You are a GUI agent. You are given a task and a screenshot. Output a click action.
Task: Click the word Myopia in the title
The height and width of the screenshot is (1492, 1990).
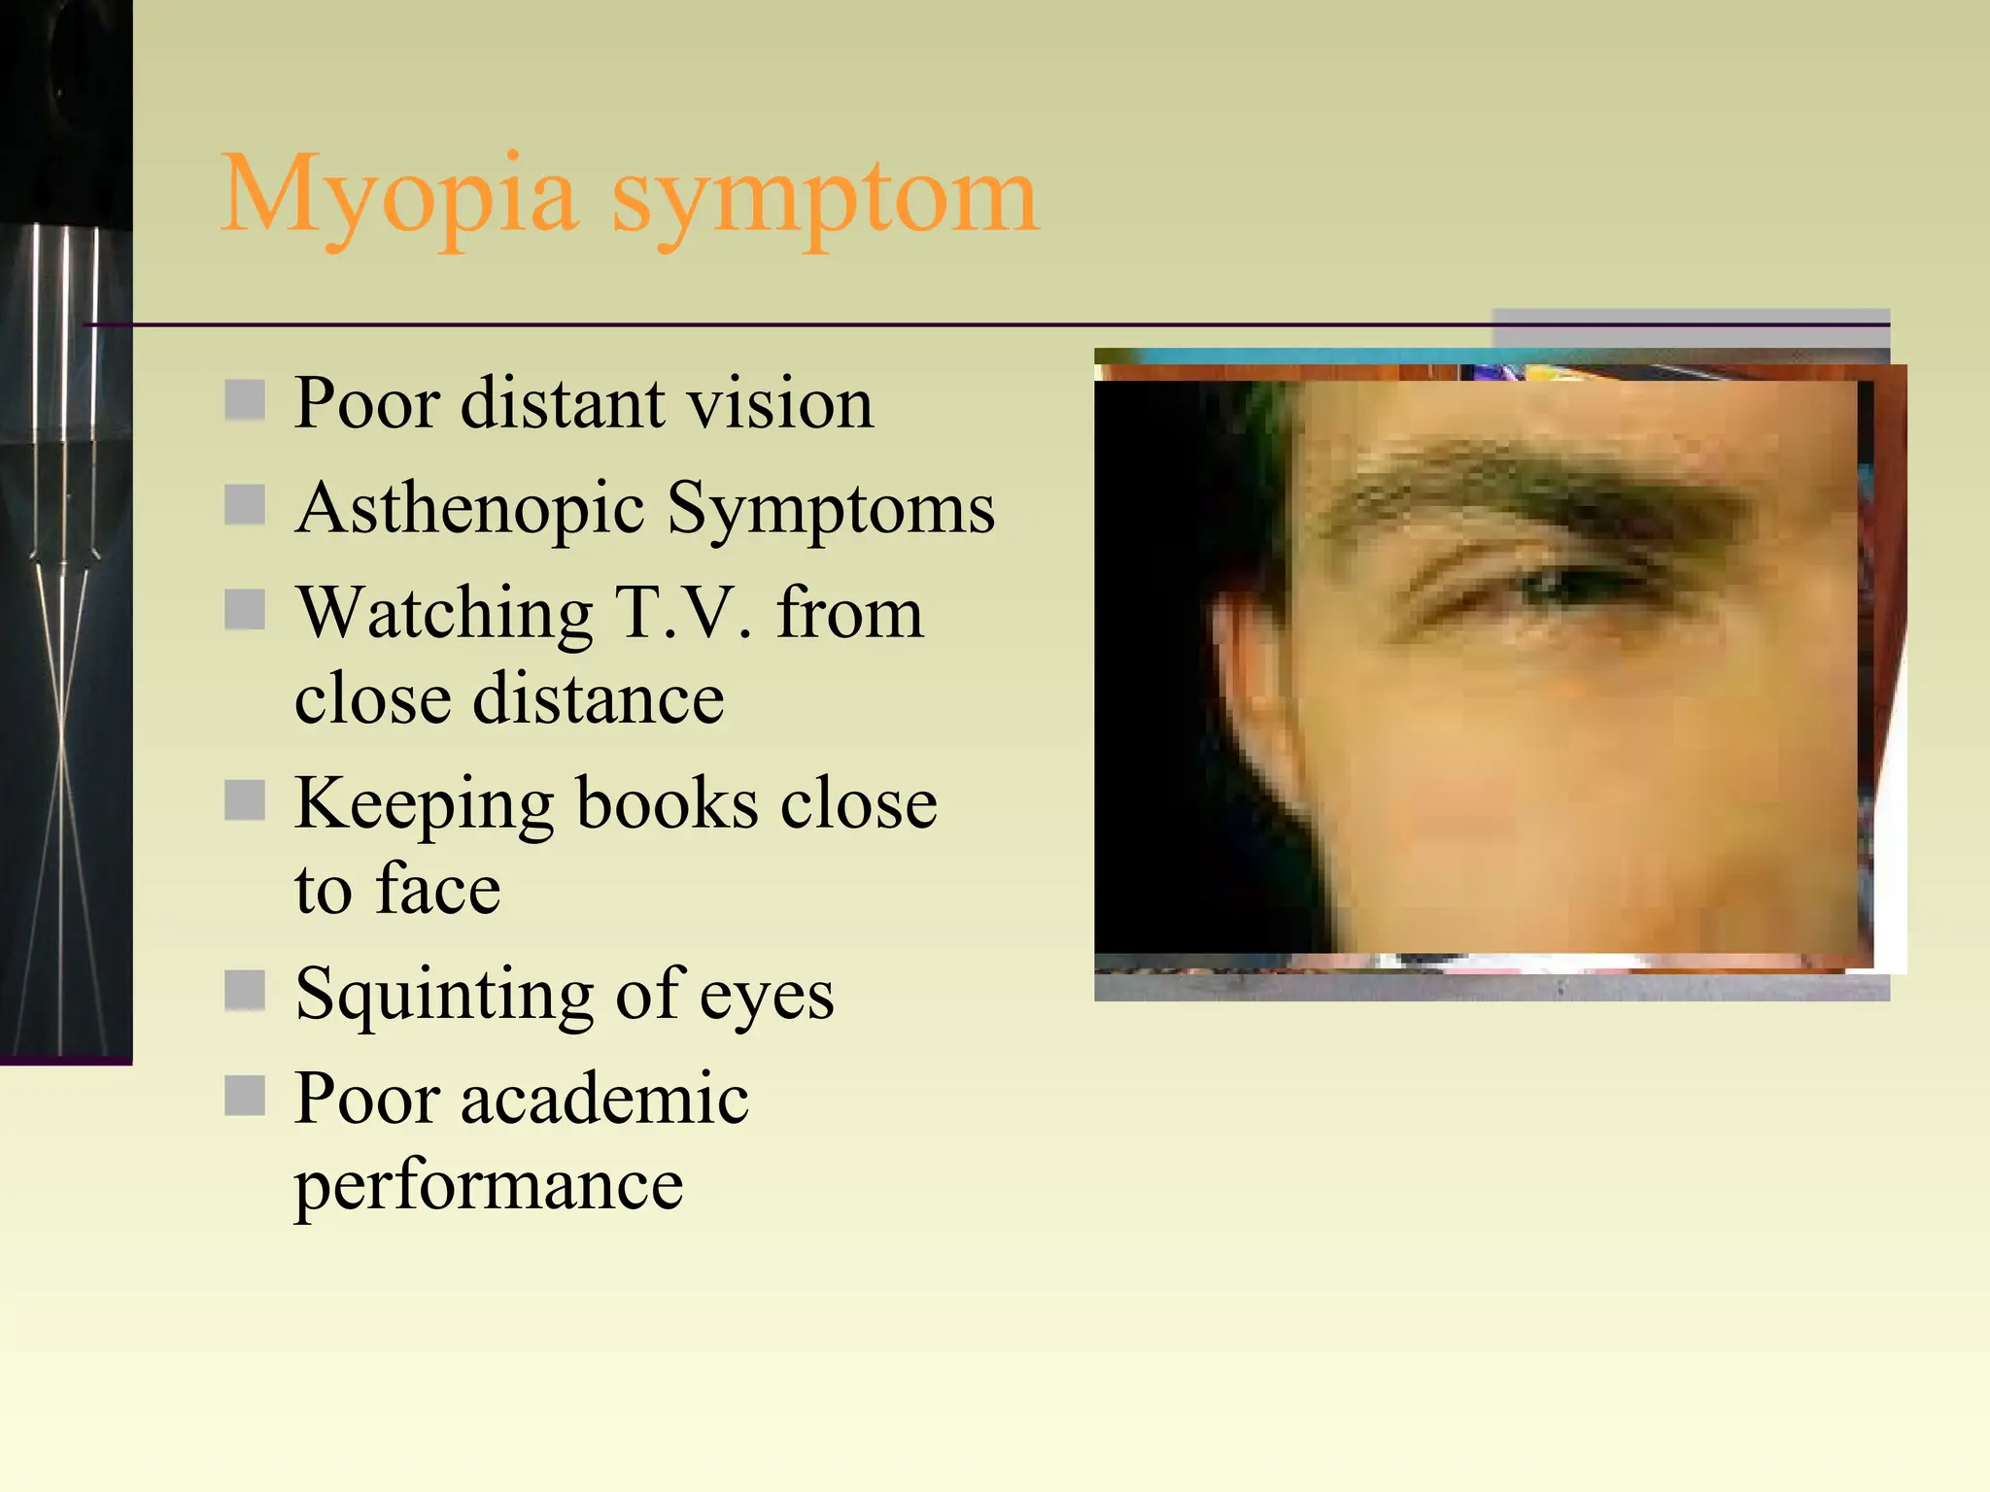[x=399, y=197]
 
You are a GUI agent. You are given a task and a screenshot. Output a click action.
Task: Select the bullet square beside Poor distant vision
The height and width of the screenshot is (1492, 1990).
[x=245, y=400]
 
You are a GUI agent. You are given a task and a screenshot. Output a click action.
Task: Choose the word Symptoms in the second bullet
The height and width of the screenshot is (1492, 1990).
[x=832, y=508]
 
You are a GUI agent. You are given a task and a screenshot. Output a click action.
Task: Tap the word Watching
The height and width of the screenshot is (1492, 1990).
[x=445, y=614]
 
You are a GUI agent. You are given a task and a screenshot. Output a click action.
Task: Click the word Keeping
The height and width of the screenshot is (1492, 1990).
[x=424, y=804]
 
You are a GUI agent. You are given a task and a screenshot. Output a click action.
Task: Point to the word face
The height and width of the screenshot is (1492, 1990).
[x=438, y=889]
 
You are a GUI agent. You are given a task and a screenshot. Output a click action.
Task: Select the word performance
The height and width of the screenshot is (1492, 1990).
[x=489, y=1185]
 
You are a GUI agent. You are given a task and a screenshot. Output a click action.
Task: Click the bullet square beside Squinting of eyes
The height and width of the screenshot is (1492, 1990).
[x=245, y=991]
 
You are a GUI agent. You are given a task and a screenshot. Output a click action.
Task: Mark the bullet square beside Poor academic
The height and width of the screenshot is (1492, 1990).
[x=245, y=1096]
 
